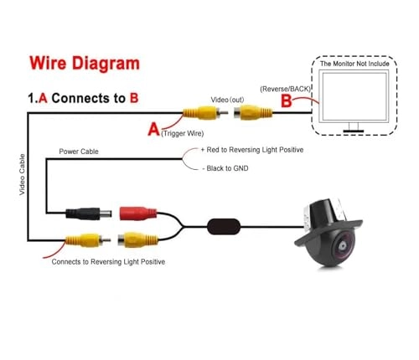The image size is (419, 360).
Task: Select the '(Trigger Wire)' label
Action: coord(186,132)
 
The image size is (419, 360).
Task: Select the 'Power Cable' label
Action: coord(80,152)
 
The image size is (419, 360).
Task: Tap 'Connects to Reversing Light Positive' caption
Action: coord(108,263)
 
